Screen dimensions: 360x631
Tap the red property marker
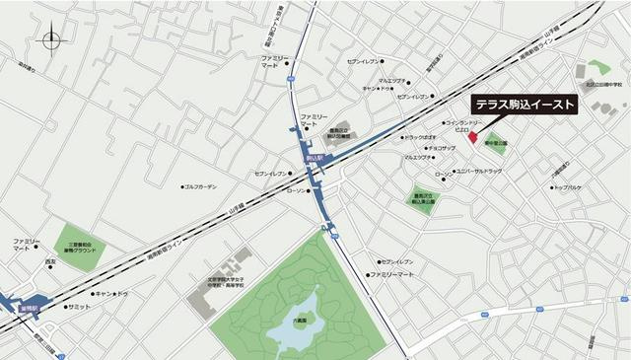[471, 136]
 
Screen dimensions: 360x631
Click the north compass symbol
[52, 40]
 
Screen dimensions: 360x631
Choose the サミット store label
[80, 307]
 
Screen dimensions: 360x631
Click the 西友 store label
[50, 262]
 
